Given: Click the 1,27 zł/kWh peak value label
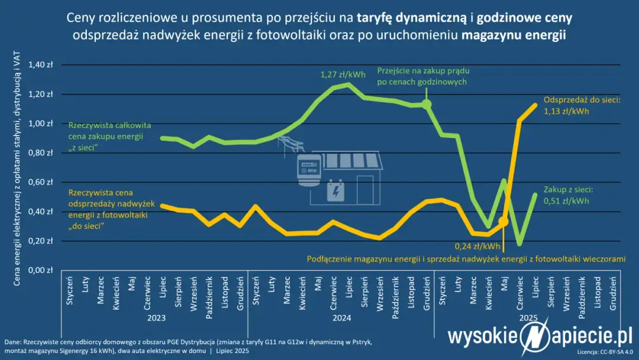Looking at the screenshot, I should point(343,75).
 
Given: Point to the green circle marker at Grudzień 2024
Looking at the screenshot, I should point(426,104).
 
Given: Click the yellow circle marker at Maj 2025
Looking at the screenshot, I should point(503,221).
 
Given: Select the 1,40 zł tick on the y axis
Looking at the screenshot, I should point(41,65).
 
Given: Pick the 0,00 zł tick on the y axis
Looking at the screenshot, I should point(41,270).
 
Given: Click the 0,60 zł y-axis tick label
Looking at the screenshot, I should point(41,182).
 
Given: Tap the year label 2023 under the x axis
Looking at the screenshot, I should point(157,318).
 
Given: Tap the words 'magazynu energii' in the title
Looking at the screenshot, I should point(514,35).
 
